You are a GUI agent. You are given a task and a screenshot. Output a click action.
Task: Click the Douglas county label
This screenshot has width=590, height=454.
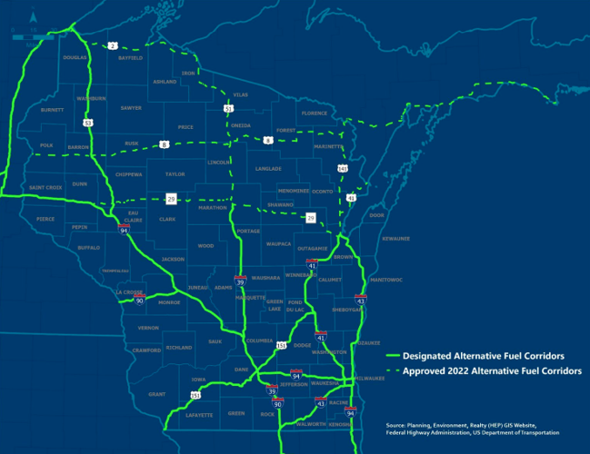[x=74, y=57]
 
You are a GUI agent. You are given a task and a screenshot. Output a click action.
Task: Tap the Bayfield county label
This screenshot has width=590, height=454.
[x=131, y=57]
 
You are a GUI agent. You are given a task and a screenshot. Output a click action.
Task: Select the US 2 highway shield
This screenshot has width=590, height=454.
[x=114, y=44]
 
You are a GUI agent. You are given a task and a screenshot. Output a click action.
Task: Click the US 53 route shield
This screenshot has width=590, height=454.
[x=87, y=122]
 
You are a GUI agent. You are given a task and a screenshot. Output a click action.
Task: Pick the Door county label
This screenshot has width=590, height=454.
[x=377, y=215]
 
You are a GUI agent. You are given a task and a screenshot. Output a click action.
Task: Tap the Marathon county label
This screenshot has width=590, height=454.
[x=211, y=207]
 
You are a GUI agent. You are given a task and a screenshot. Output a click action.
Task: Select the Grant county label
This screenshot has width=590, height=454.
[x=156, y=394]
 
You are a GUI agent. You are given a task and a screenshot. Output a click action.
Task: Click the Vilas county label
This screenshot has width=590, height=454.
[x=240, y=94]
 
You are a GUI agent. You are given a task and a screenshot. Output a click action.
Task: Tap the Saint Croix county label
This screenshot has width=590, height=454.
[x=45, y=187]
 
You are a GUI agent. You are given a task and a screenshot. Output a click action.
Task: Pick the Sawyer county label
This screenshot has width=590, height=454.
[x=131, y=107]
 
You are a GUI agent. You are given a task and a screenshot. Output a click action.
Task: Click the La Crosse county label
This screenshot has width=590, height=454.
[x=130, y=292]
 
